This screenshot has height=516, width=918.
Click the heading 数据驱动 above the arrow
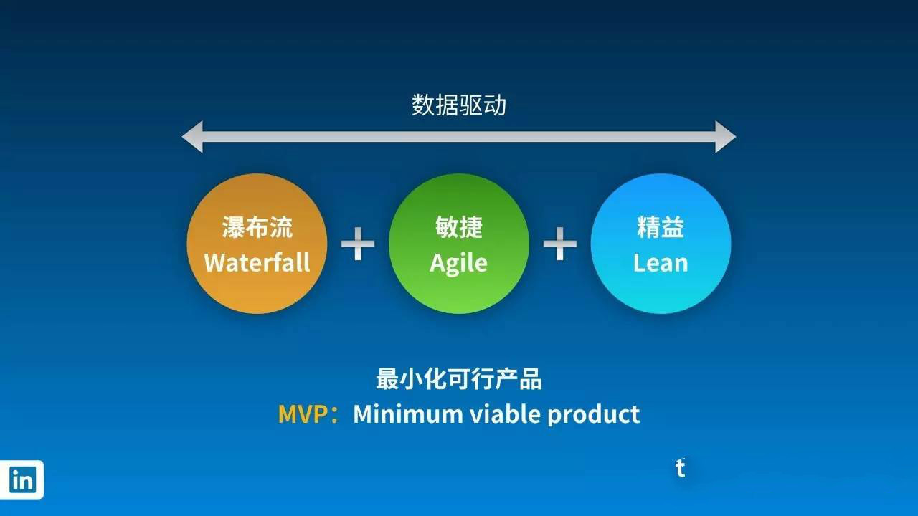[458, 105]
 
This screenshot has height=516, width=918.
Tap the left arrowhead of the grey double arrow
[193, 137]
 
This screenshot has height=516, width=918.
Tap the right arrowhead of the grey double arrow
[725, 137]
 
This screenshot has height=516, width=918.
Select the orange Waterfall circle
[257, 244]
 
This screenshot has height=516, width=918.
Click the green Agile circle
[458, 244]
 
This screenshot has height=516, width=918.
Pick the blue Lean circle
[661, 244]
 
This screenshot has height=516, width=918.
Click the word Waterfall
[257, 262]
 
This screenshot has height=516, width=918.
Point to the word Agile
[458, 263]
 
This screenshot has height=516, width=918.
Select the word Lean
[661, 263]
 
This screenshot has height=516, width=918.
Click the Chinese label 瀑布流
[257, 227]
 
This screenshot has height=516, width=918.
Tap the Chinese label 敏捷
[458, 227]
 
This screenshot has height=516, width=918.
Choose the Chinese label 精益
[661, 227]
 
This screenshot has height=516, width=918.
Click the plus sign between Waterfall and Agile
[358, 244]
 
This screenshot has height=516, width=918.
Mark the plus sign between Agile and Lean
[560, 244]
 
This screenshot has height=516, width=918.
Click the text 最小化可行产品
[459, 379]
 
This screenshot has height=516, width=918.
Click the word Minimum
[408, 414]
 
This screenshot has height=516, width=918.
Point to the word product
[594, 415]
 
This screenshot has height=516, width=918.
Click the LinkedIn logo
[22, 479]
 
